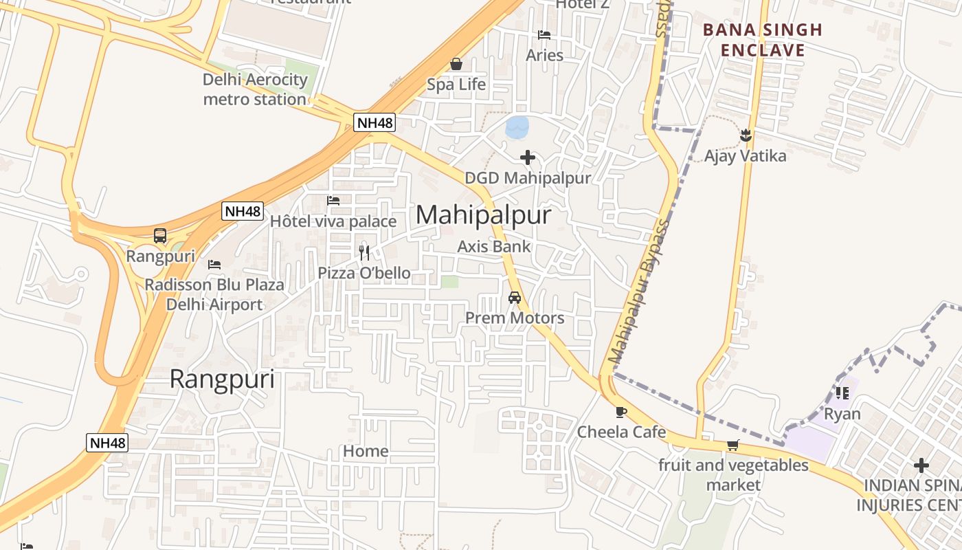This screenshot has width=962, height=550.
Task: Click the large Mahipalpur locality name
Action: pos(483,215)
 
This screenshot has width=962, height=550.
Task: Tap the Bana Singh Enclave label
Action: pos(762,40)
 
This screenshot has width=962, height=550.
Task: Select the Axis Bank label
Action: pos(494,246)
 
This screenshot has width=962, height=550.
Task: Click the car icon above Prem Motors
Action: pos(514,298)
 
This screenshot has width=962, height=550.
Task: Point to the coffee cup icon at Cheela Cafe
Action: pos(621,412)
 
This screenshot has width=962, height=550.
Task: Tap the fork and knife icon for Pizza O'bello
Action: pos(364,252)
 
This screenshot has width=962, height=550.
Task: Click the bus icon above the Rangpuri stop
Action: pos(160,236)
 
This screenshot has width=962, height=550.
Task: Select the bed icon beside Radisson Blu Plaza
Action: pos(214,264)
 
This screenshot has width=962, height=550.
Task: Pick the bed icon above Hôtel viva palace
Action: pos(333,201)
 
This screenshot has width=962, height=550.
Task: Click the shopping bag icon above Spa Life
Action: pos(456,65)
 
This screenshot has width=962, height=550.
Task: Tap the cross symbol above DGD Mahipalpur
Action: pos(528,158)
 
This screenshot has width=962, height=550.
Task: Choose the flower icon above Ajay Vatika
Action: pos(746,135)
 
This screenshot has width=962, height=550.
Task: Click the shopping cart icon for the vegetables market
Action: pos(733,445)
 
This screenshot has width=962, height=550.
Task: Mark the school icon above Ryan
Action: pos(842,393)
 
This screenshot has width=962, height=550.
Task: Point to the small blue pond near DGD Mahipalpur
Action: pos(517,126)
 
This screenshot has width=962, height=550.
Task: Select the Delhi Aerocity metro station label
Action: pos(255,89)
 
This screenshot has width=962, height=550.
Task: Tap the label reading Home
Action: pos(366,451)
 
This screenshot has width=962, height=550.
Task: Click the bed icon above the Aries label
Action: pos(544,35)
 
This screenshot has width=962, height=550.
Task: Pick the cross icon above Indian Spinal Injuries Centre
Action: pos(921,465)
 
